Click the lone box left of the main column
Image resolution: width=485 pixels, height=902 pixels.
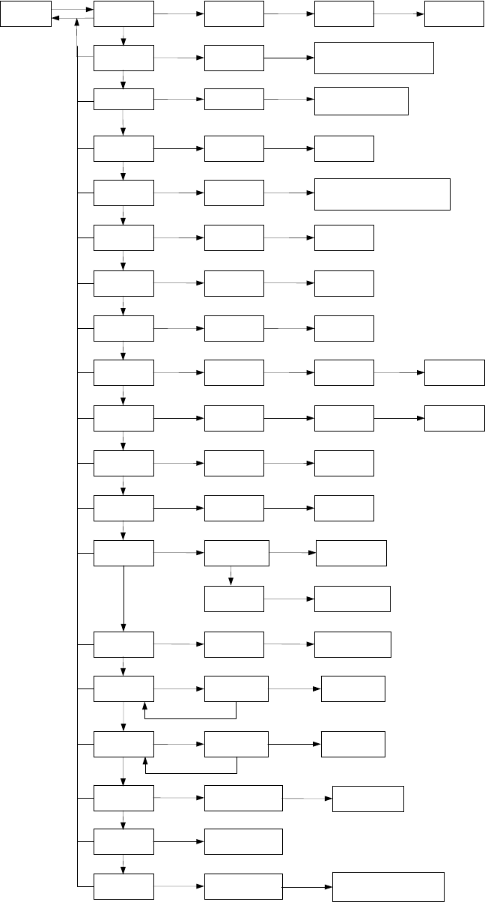[26, 14]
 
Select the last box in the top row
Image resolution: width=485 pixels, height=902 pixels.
[454, 14]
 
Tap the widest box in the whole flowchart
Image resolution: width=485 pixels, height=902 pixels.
[382, 194]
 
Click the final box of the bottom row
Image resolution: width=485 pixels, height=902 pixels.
[388, 886]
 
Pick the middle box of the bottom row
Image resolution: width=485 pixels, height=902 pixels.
[243, 886]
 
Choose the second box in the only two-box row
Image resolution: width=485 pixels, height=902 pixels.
[243, 842]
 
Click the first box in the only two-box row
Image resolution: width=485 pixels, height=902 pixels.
[123, 842]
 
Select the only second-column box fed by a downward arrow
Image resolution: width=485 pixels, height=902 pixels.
[234, 599]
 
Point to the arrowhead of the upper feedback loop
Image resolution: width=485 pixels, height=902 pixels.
[145, 706]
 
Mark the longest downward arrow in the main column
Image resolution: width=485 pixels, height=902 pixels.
[123, 599]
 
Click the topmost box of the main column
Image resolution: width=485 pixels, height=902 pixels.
[123, 14]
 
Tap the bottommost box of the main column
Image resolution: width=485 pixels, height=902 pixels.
[123, 886]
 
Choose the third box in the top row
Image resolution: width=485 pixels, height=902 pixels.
[344, 14]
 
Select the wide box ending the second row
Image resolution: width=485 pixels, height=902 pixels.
[374, 58]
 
